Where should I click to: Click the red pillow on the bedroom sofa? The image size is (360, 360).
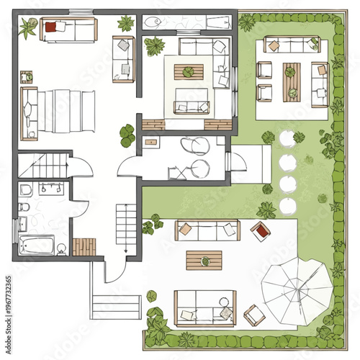[x=51, y=27]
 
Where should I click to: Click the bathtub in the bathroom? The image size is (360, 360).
[x=37, y=245]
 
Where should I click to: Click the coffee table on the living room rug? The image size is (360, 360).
[x=189, y=72]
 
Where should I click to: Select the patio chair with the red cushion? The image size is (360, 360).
[x=261, y=230]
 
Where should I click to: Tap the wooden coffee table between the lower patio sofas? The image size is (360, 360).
[x=204, y=258]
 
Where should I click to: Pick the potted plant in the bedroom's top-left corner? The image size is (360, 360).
[x=29, y=28]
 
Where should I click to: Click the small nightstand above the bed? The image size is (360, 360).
[x=27, y=76]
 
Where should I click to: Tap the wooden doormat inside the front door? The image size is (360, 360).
[x=84, y=246]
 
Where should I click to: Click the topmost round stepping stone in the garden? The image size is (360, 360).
[x=287, y=138]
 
